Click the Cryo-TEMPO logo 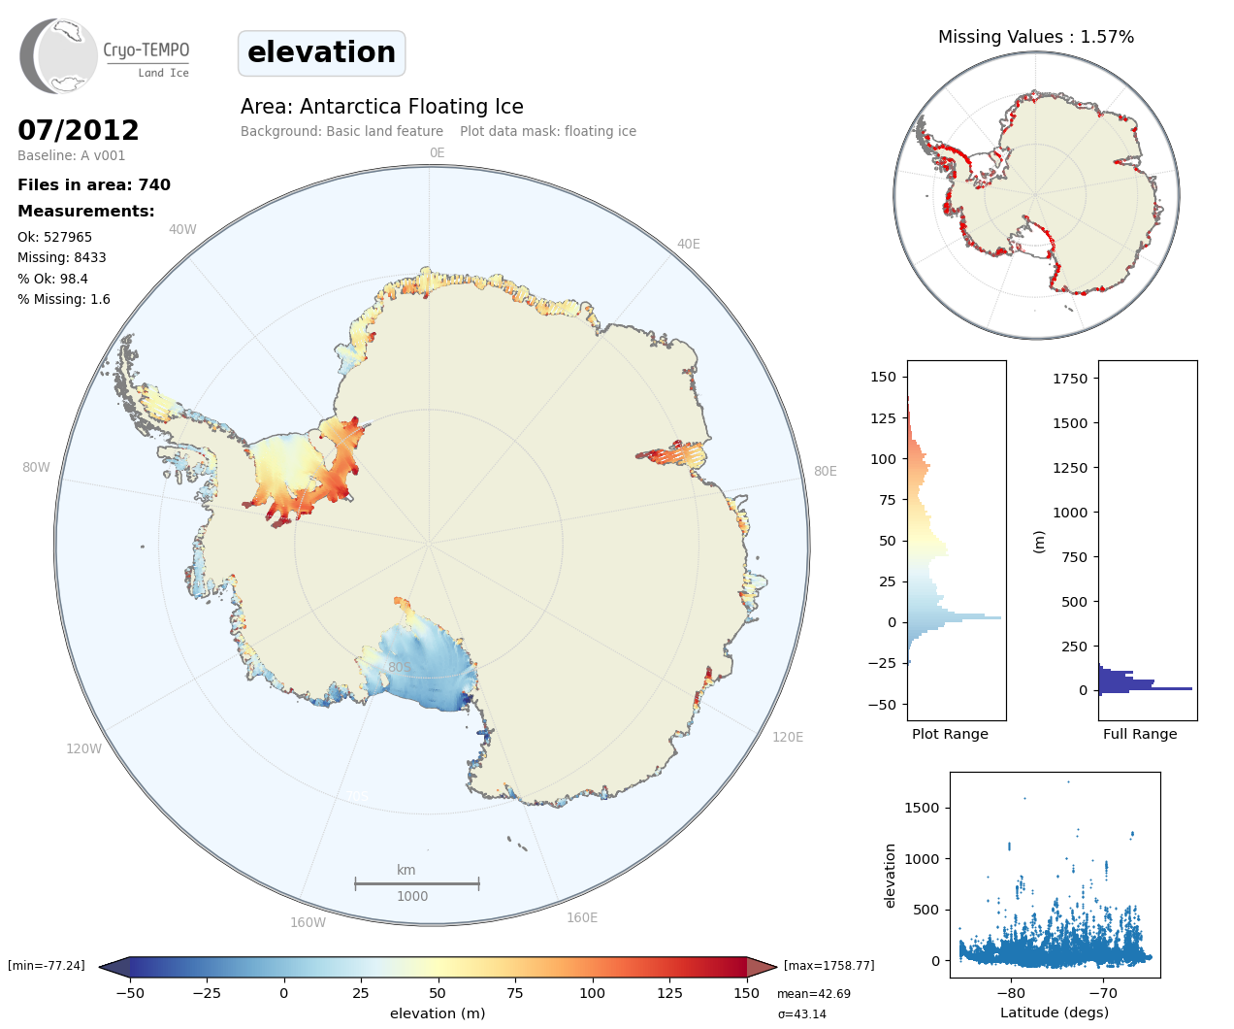point(105,56)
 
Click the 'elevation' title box point(321,52)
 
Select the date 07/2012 point(79,130)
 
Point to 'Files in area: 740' point(94,184)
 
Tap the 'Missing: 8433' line point(62,257)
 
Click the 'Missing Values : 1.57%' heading point(1035,37)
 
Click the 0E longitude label point(437,152)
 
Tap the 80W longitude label point(36,467)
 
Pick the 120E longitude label point(788,737)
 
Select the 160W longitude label point(308,922)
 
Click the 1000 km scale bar point(416,883)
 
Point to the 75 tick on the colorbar point(515,992)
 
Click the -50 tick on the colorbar point(130,992)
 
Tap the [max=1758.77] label point(828,966)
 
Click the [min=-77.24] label point(47,966)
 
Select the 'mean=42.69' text point(813,994)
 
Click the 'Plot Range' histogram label point(950,734)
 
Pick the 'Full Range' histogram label point(1140,734)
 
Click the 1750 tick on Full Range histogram point(1070,379)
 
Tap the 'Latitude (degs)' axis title point(1055,1012)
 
